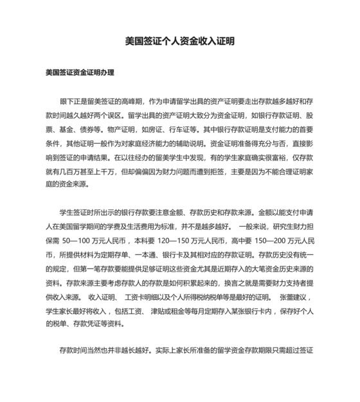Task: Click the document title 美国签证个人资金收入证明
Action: [179, 40]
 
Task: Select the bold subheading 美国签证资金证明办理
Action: [80, 73]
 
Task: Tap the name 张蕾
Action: [287, 297]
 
